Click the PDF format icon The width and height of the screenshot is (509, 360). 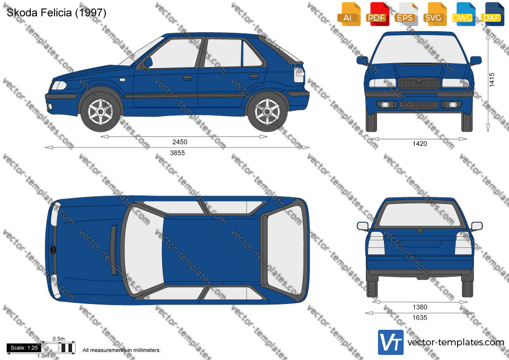coord(377,14)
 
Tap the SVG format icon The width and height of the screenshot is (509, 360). coord(435,14)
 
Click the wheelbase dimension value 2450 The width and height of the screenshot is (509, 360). coord(180,142)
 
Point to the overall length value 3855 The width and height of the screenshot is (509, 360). coord(177,153)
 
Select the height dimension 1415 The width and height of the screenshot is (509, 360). coord(492,80)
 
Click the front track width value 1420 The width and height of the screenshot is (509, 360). coord(420,144)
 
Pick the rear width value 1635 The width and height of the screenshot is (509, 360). coord(420,318)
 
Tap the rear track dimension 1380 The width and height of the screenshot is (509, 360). coord(420,307)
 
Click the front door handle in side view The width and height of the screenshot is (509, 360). coord(187,78)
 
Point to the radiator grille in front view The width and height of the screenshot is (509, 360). coord(419,84)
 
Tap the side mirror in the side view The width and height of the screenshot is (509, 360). coord(148,63)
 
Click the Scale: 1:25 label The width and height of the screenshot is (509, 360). coord(24,348)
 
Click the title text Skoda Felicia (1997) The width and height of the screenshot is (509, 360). coord(56,13)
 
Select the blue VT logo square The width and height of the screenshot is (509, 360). coord(391,342)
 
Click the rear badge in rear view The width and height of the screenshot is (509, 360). coord(420,230)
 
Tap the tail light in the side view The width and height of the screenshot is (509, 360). coord(299,75)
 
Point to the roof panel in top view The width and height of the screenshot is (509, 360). coord(212,250)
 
